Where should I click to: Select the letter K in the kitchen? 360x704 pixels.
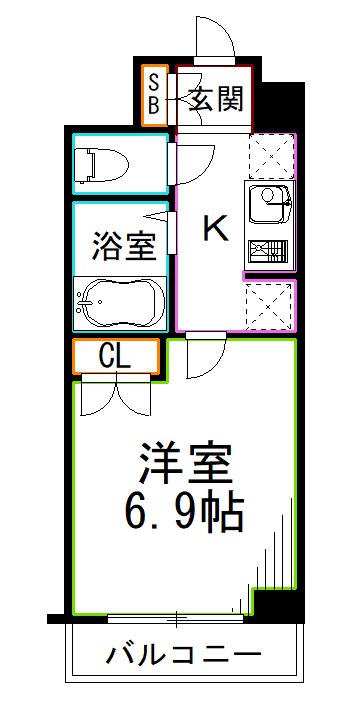[215, 229]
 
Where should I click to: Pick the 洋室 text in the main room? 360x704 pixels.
[186, 465]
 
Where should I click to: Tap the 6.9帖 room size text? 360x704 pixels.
[187, 514]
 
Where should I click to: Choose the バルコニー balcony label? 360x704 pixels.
[184, 656]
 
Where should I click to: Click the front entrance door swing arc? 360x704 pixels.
[215, 40]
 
